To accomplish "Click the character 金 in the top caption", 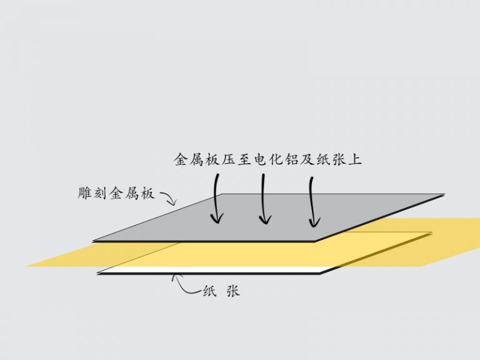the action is [181, 159].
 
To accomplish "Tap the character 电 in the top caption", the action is [260, 159].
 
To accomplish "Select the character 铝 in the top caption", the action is [291, 159].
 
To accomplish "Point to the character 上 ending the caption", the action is [355, 159].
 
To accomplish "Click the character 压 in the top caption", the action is [228, 159].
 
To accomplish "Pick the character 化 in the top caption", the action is [276, 159].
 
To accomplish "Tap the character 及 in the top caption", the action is [307, 159].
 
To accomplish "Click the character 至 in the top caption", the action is [244, 159].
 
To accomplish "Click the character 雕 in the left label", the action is [85, 193].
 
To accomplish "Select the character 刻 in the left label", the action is [101, 193].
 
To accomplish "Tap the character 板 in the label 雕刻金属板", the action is [147, 193].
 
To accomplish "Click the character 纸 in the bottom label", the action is [210, 291].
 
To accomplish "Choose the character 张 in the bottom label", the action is [233, 291].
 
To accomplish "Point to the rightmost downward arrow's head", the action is [313, 222].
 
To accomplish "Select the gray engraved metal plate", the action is [269, 217].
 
